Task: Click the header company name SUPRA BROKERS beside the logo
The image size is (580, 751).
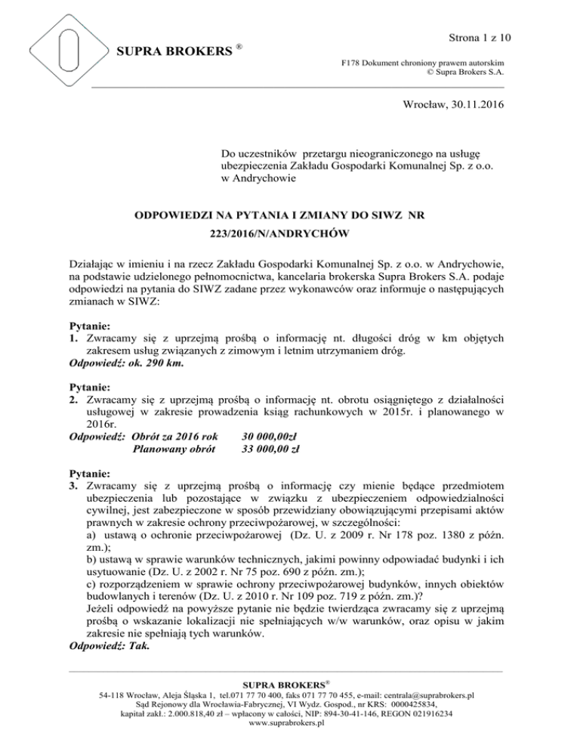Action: [x=174, y=52]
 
